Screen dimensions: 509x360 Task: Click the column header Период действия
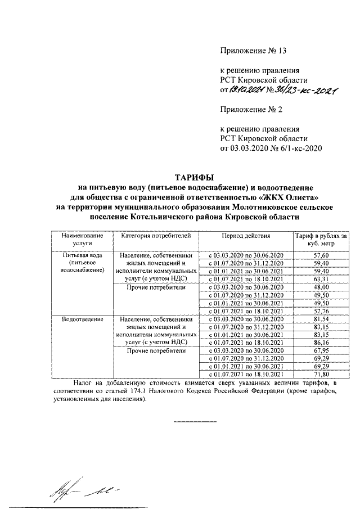click(246, 235)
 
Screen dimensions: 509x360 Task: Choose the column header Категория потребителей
click(152, 235)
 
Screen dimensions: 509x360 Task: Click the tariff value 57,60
click(319, 255)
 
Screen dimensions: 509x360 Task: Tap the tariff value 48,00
click(319, 287)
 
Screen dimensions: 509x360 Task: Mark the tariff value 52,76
click(319, 310)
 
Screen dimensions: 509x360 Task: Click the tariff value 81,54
click(319, 319)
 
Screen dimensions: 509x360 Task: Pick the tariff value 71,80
click(319, 374)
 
